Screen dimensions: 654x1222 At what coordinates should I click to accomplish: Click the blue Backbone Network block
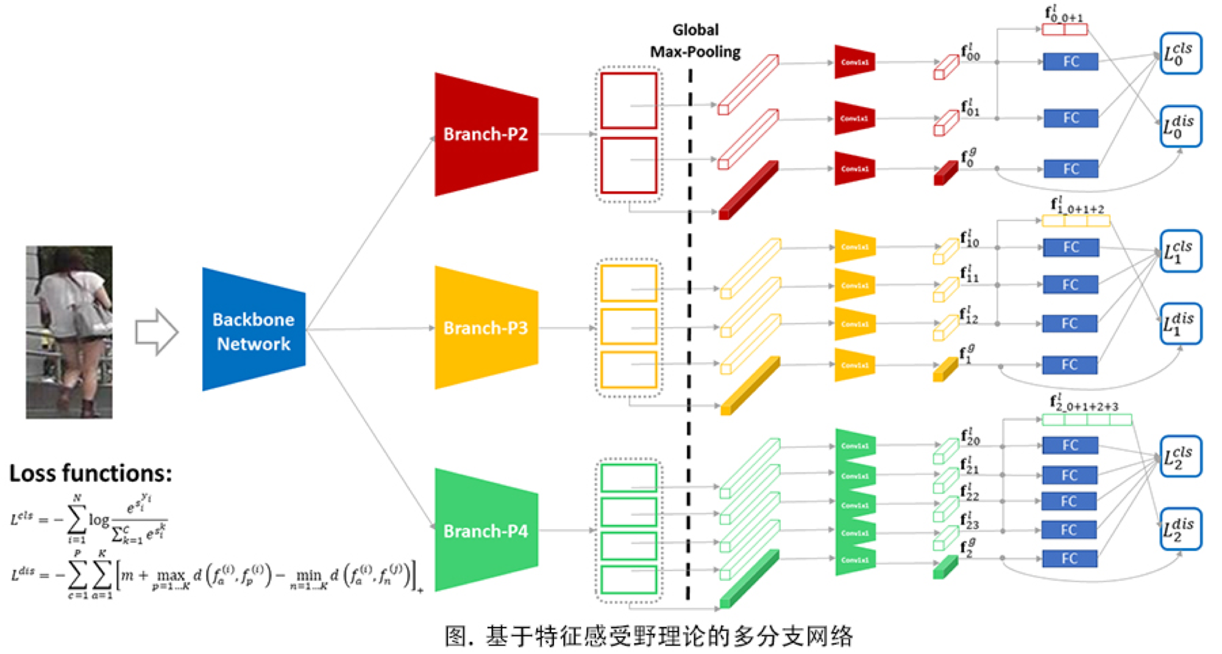point(254,330)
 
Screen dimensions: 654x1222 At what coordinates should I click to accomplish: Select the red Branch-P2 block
point(486,134)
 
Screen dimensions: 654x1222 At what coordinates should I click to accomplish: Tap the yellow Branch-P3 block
point(486,328)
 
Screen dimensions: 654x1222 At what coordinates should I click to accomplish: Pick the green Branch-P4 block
point(486,530)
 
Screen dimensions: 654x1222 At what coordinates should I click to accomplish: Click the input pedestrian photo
point(69,332)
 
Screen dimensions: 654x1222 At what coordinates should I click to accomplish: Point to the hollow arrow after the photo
point(157,332)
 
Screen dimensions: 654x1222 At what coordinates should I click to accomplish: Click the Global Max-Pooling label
point(695,41)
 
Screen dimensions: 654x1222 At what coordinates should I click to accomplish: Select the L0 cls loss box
point(1180,54)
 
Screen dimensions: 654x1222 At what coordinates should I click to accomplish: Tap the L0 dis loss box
point(1180,127)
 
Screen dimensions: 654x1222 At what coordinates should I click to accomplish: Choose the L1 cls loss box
point(1180,251)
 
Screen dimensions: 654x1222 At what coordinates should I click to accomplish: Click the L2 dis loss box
point(1180,529)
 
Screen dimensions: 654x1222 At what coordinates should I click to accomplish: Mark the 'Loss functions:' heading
point(90,473)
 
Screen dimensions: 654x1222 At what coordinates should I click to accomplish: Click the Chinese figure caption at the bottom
point(648,636)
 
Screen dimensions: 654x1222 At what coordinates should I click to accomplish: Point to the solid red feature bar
point(748,190)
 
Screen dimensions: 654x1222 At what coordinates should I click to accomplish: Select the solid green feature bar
point(749,578)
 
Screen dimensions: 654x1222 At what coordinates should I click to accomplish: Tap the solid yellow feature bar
point(750,386)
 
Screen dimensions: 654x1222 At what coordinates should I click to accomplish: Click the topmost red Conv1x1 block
point(854,62)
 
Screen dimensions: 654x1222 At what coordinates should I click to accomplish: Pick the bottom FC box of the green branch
point(1069,558)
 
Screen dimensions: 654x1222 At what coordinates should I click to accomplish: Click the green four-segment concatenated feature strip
point(1087,420)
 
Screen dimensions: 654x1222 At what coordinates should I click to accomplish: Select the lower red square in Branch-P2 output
point(628,165)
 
